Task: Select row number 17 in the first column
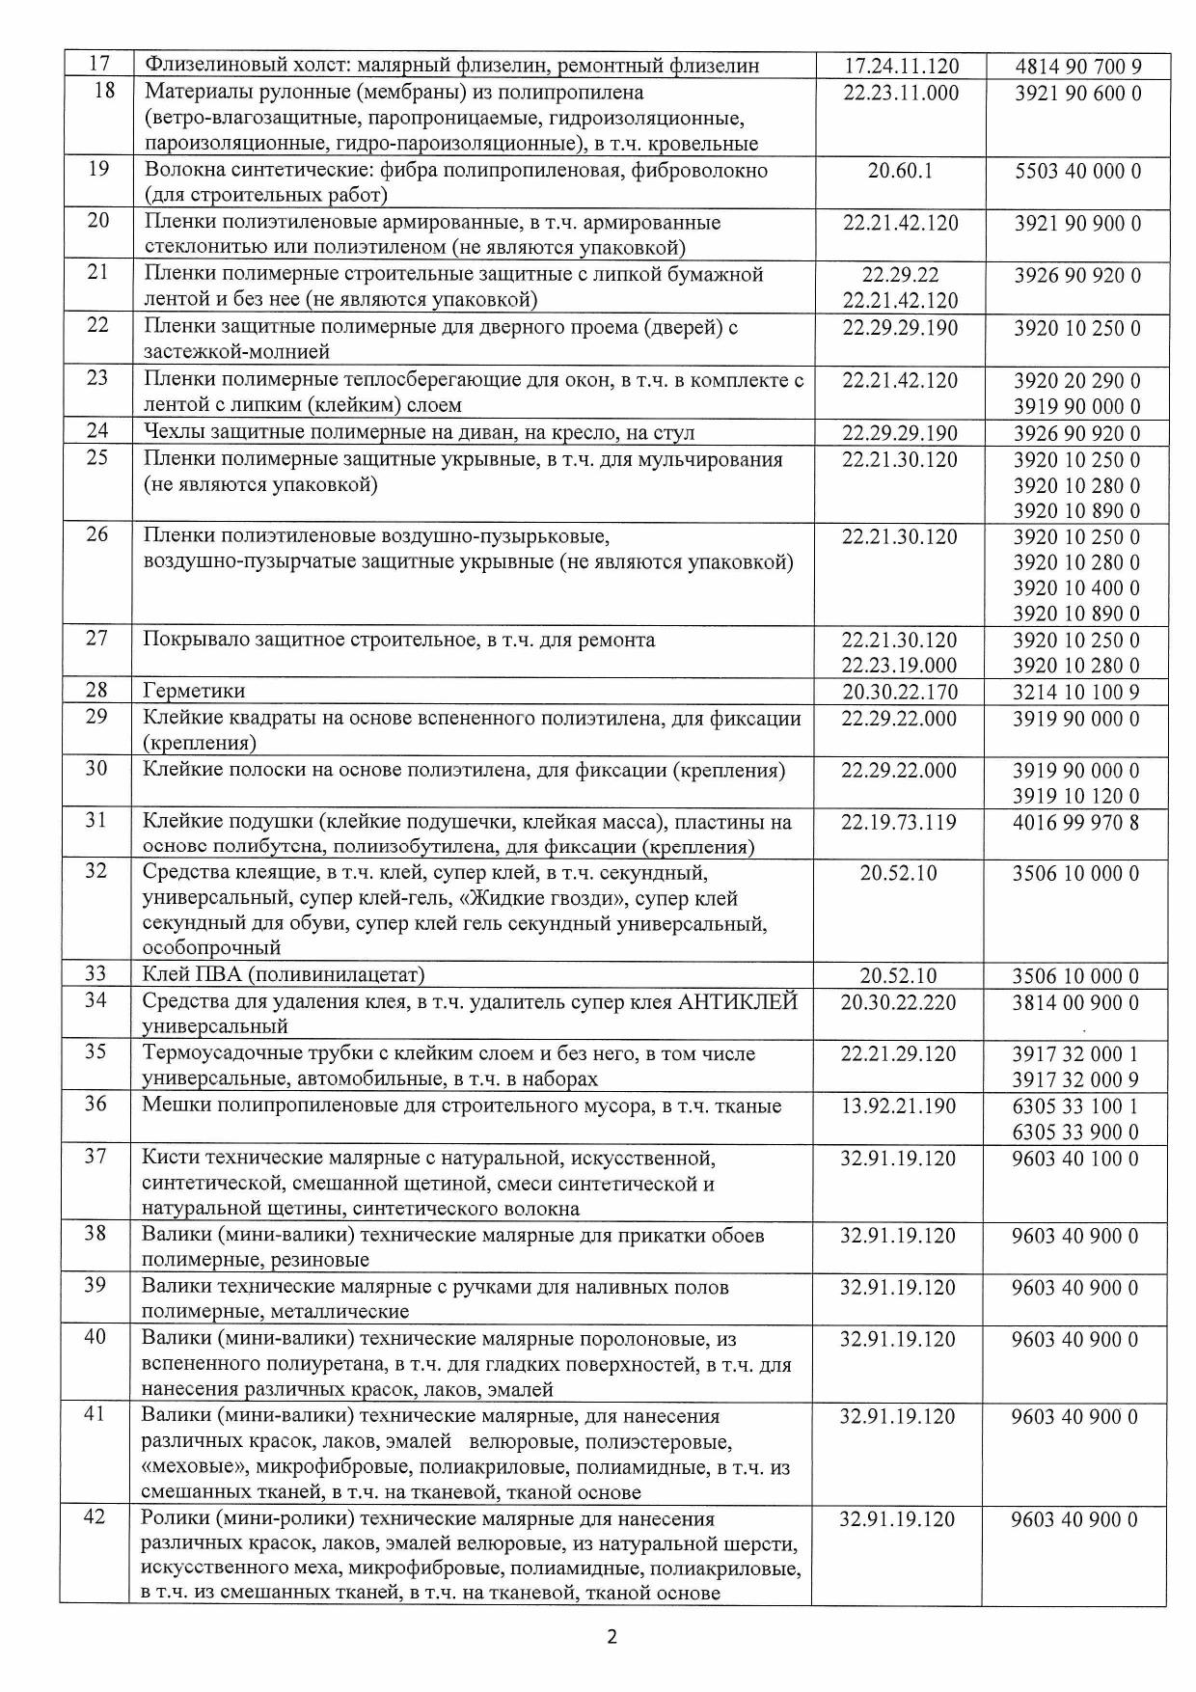pyautogui.click(x=97, y=65)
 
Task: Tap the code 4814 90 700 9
pyautogui.click(x=1078, y=67)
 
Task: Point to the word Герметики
pyautogui.click(x=194, y=691)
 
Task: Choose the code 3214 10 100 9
pyautogui.click(x=1076, y=692)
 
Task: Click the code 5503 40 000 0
pyautogui.click(x=1077, y=171)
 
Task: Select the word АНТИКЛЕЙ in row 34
pyautogui.click(x=738, y=1002)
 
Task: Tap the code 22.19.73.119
pyautogui.click(x=899, y=822)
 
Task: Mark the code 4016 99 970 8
pyautogui.click(x=1076, y=822)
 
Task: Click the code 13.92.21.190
pyautogui.click(x=899, y=1105)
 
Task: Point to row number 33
pyautogui.click(x=95, y=974)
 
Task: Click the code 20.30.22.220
pyautogui.click(x=899, y=1002)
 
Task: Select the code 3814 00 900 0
pyautogui.click(x=1075, y=1002)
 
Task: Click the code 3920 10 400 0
pyautogui.click(x=1076, y=587)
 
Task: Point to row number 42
pyautogui.click(x=95, y=1517)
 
